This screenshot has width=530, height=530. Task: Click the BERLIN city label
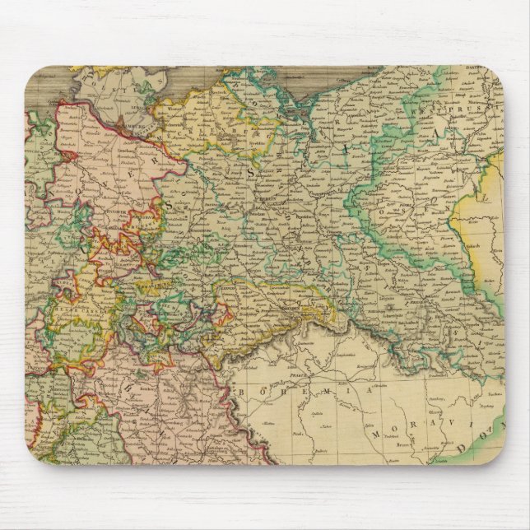(265, 207)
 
